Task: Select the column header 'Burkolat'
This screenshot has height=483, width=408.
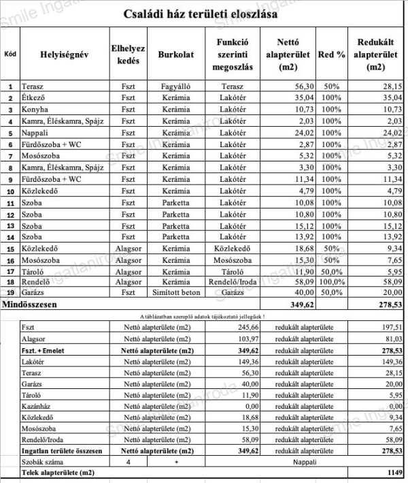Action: [x=176, y=54]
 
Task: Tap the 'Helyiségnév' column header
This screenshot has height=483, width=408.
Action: [x=65, y=54]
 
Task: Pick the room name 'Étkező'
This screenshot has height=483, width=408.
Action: [x=34, y=98]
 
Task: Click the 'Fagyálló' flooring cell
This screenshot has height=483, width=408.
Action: [x=176, y=87]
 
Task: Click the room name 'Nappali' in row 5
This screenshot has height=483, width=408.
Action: [x=35, y=132]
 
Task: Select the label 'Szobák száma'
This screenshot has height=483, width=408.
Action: [x=43, y=461]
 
